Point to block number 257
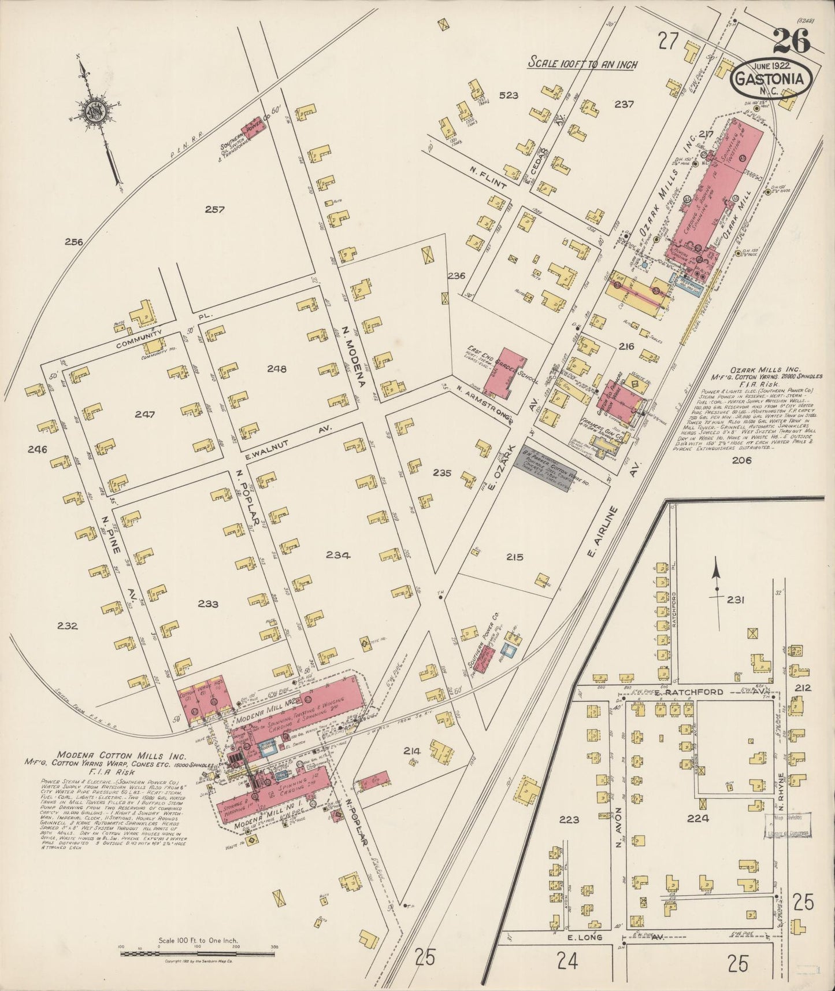[x=214, y=210]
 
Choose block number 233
[x=208, y=605]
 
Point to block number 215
[x=514, y=557]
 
